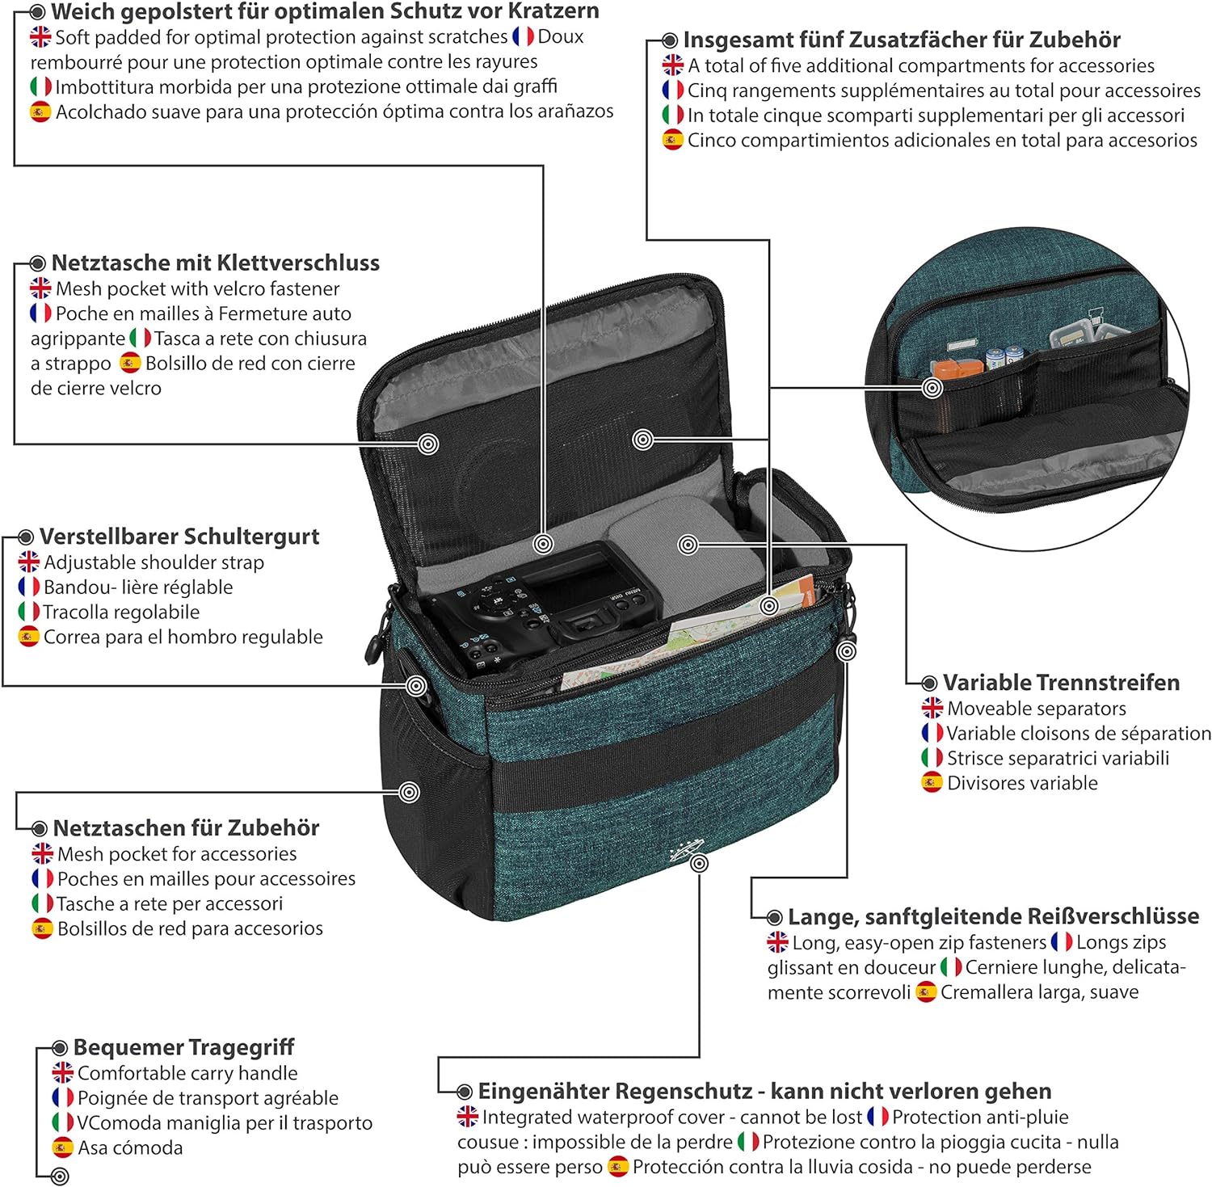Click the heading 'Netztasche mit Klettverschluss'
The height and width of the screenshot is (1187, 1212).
215,263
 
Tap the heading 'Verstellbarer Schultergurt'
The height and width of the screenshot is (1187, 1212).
179,537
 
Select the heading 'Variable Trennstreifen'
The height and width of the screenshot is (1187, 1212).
1061,683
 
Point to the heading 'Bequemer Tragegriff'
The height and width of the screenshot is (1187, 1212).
183,1047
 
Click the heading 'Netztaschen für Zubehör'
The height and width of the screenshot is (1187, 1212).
186,828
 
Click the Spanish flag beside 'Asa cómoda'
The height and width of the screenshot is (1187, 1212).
63,1147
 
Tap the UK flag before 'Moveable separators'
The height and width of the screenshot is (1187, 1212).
932,709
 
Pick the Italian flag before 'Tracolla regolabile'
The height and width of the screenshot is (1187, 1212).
29,612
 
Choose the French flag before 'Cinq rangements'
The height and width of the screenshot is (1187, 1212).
673,90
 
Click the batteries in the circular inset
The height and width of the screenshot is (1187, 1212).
1004,356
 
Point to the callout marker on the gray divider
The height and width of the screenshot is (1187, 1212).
688,545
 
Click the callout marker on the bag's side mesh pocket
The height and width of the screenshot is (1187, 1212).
410,792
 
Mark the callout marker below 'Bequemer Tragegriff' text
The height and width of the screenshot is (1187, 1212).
60,1176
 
